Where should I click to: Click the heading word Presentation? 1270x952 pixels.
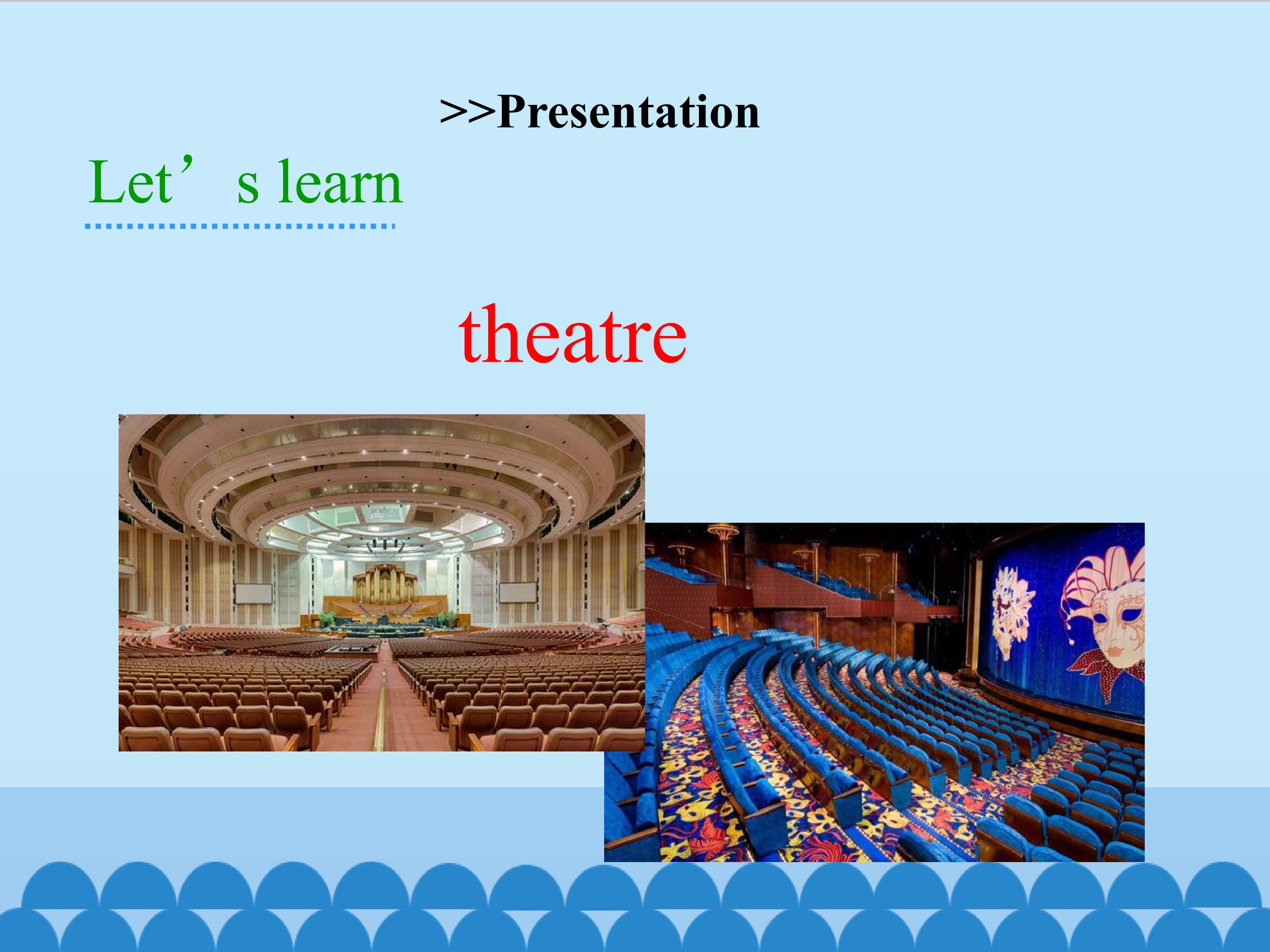point(629,112)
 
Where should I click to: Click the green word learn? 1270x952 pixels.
point(340,182)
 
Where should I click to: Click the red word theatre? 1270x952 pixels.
point(572,336)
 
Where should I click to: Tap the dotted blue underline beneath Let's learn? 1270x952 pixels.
point(240,226)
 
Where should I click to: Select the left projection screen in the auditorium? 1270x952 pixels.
point(254,593)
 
